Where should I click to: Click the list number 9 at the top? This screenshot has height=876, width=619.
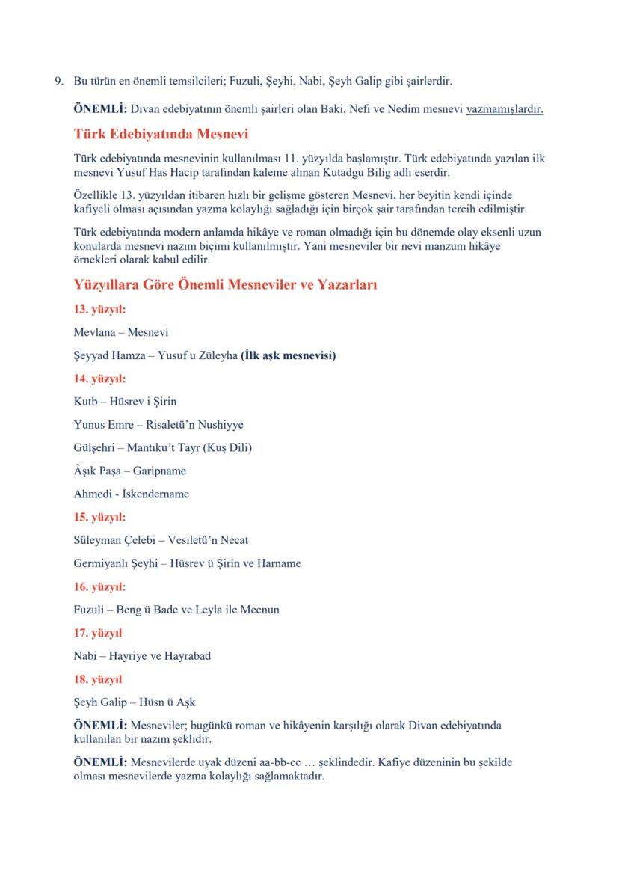[58, 80]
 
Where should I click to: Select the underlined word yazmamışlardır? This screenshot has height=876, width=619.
[505, 109]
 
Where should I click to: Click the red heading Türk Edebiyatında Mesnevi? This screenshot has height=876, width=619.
[161, 135]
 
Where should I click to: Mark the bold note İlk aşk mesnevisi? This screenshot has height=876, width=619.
[288, 355]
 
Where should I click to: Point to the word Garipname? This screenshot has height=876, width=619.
[159, 471]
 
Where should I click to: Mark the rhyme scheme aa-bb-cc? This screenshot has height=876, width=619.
[275, 762]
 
